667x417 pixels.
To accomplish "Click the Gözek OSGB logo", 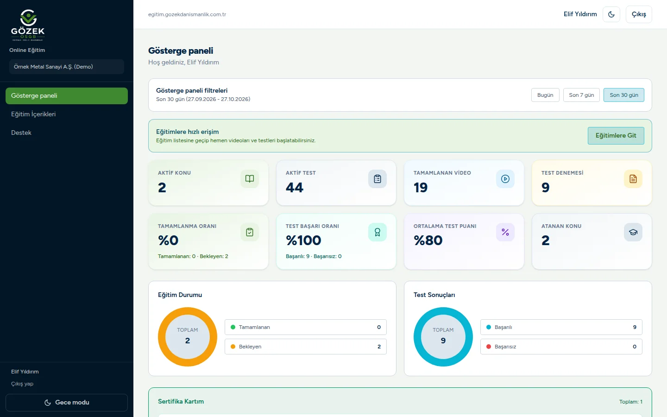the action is pyautogui.click(x=28, y=25).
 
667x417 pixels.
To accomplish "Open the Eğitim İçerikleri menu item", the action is pyautogui.click(x=33, y=114).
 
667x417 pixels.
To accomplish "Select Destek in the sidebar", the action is pyautogui.click(x=21, y=133).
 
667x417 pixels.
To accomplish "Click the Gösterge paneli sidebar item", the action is pyautogui.click(x=67, y=95).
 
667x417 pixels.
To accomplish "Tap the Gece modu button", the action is pyautogui.click(x=67, y=402).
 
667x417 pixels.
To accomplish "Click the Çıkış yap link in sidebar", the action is pyautogui.click(x=22, y=384).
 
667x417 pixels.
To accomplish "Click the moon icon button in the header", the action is pyautogui.click(x=611, y=14).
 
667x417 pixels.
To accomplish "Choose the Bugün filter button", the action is pyautogui.click(x=545, y=95).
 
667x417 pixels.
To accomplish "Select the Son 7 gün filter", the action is pyautogui.click(x=581, y=95).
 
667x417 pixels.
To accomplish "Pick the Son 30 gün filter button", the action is pyautogui.click(x=624, y=95).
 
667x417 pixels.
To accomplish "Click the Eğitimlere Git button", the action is pyautogui.click(x=616, y=135).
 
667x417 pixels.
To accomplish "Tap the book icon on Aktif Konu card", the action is pyautogui.click(x=250, y=179).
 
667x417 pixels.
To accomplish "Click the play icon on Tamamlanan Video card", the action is pyautogui.click(x=505, y=179).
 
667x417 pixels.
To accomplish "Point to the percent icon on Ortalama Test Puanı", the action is pyautogui.click(x=505, y=232).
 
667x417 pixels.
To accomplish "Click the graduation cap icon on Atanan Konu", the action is pyautogui.click(x=633, y=232).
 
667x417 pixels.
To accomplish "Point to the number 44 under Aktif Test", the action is pyautogui.click(x=295, y=187).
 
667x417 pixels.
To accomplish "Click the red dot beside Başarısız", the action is pyautogui.click(x=489, y=347).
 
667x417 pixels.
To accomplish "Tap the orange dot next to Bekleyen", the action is pyautogui.click(x=233, y=347).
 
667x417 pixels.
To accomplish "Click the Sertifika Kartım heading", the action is pyautogui.click(x=181, y=401).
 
